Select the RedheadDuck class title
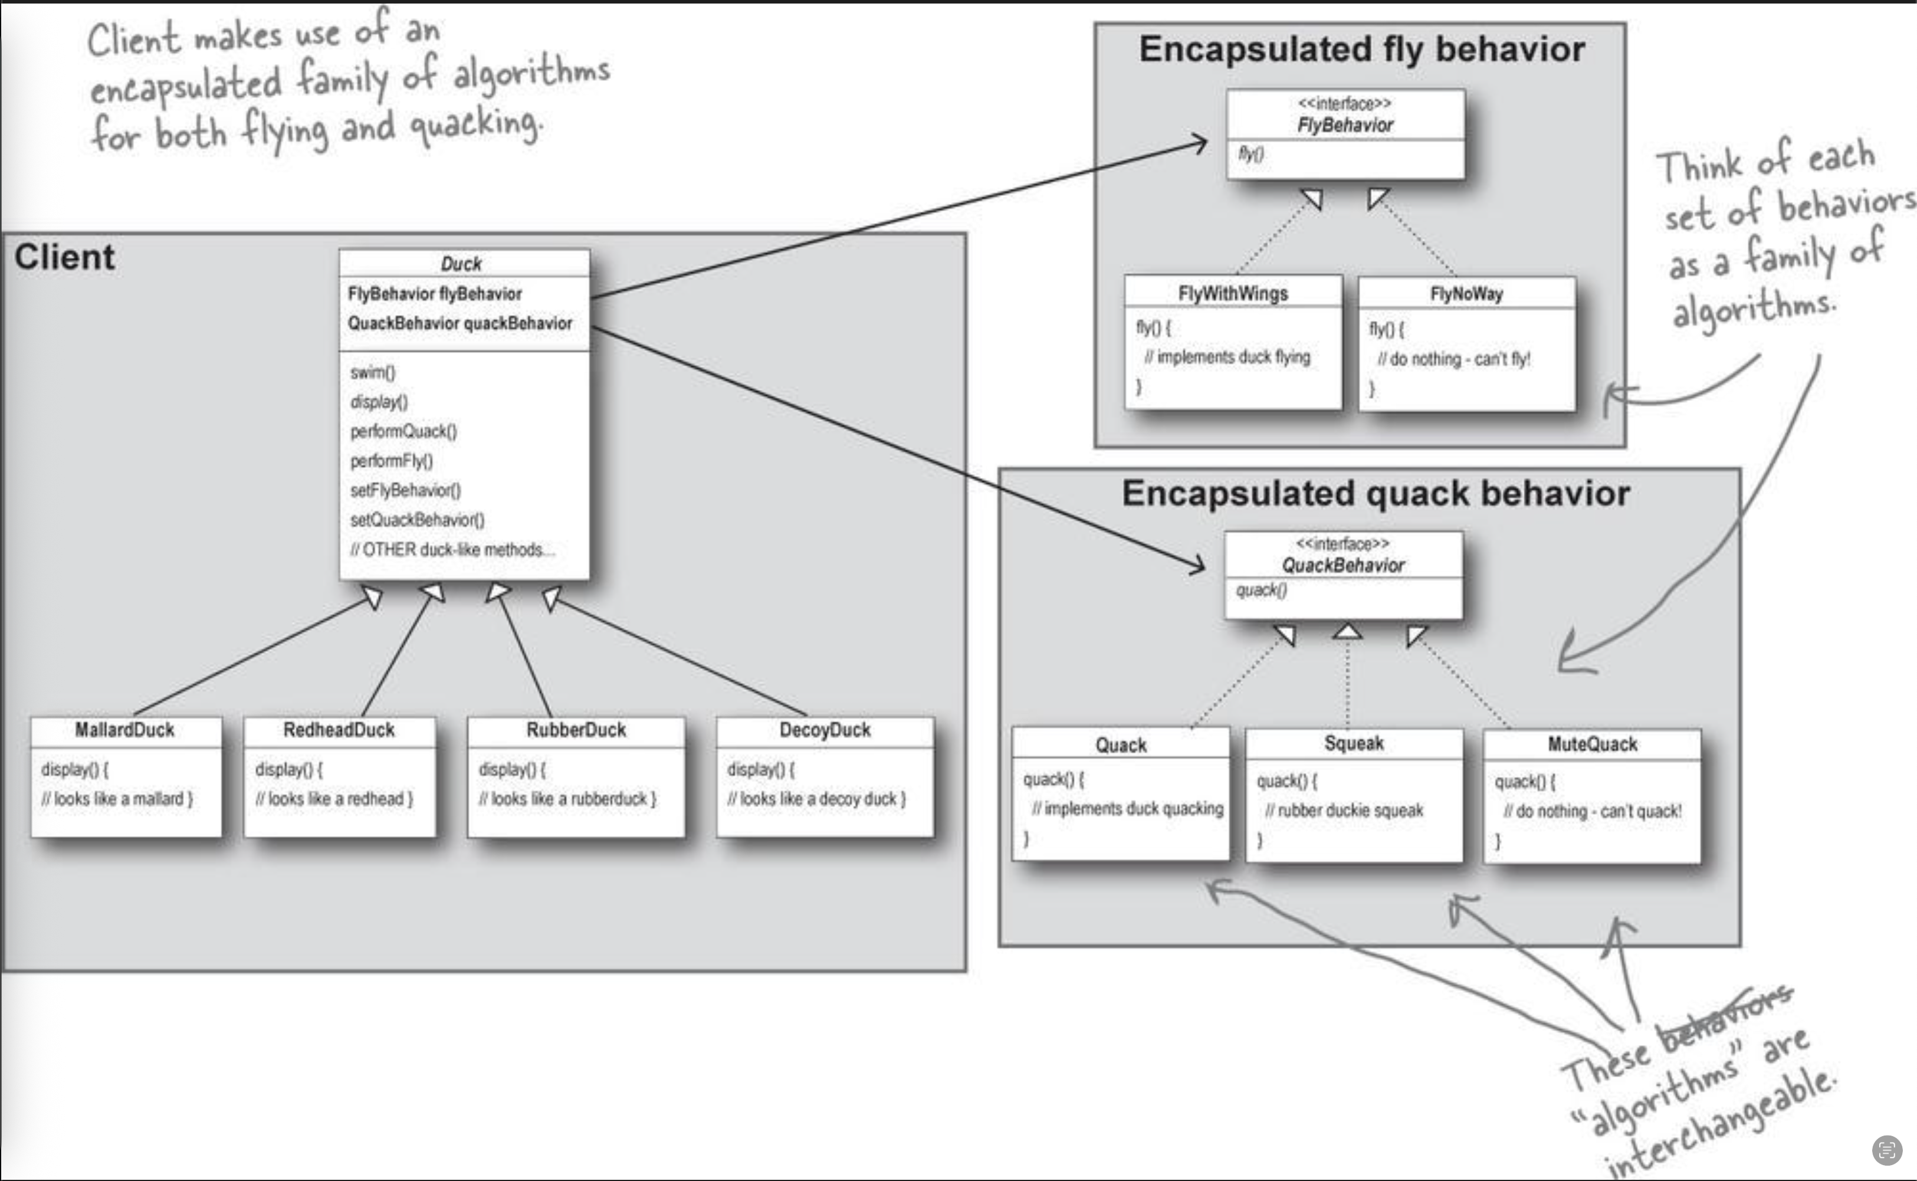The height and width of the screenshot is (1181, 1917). coord(339,730)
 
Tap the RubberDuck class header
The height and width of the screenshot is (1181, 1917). coord(576,730)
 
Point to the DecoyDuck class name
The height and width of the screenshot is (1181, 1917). coord(825,730)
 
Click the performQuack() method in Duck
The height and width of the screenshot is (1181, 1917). coord(403,431)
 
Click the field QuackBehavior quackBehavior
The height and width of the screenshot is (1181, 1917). coord(460,323)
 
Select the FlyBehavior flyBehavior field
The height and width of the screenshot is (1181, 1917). coord(435,294)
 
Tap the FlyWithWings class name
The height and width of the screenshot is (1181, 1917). coord(1233,294)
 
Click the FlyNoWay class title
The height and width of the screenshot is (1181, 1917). coord(1466,294)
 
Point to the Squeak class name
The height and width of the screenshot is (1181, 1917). coord(1354,743)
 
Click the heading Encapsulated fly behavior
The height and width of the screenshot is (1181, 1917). coord(1362,49)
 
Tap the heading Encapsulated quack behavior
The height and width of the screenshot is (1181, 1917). coord(1376,494)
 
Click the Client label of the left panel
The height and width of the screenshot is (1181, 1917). coord(65,257)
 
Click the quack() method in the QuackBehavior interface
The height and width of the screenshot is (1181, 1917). coord(1261,590)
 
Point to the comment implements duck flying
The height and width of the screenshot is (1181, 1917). coord(1227,357)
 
